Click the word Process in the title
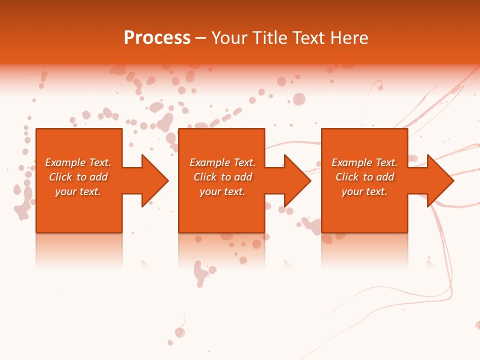pos(157,38)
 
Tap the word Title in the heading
pos(269,38)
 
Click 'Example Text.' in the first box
pos(78,162)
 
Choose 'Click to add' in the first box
pos(78,177)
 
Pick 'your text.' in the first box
pos(78,191)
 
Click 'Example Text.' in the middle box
pos(222,162)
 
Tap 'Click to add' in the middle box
pos(222,177)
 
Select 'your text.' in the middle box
pos(222,191)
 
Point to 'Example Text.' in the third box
pos(364,162)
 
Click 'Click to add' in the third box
pos(364,177)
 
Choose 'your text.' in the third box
pos(364,191)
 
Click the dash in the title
pos(200,38)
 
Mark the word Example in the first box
pos(65,162)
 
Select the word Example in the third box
pos(351,162)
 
